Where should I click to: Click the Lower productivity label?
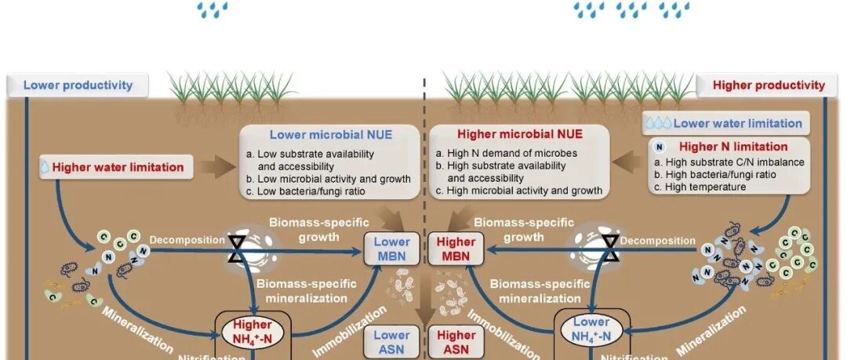78,85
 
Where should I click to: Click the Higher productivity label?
769,85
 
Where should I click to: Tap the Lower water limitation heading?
736,123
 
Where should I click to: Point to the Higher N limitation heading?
732,146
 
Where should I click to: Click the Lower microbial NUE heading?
331,134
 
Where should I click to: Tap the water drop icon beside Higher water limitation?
45,167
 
